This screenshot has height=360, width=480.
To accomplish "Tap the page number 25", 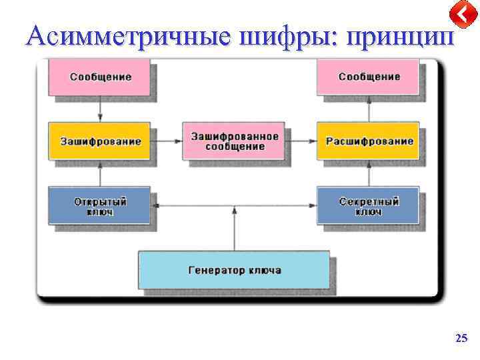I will coord(461,339).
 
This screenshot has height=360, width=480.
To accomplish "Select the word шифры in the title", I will coord(293,37).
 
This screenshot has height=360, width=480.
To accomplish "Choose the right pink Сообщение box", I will coord(368,76).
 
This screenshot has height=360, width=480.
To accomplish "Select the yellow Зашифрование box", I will coord(100,141).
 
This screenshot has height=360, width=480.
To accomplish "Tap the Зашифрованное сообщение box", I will coord(235,141).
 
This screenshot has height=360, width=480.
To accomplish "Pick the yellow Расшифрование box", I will coord(368,141).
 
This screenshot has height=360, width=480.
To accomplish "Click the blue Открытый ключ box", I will coord(100,205).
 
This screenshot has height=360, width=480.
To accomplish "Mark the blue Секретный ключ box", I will coord(368,205).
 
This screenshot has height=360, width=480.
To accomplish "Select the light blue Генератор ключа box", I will coord(234,270).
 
